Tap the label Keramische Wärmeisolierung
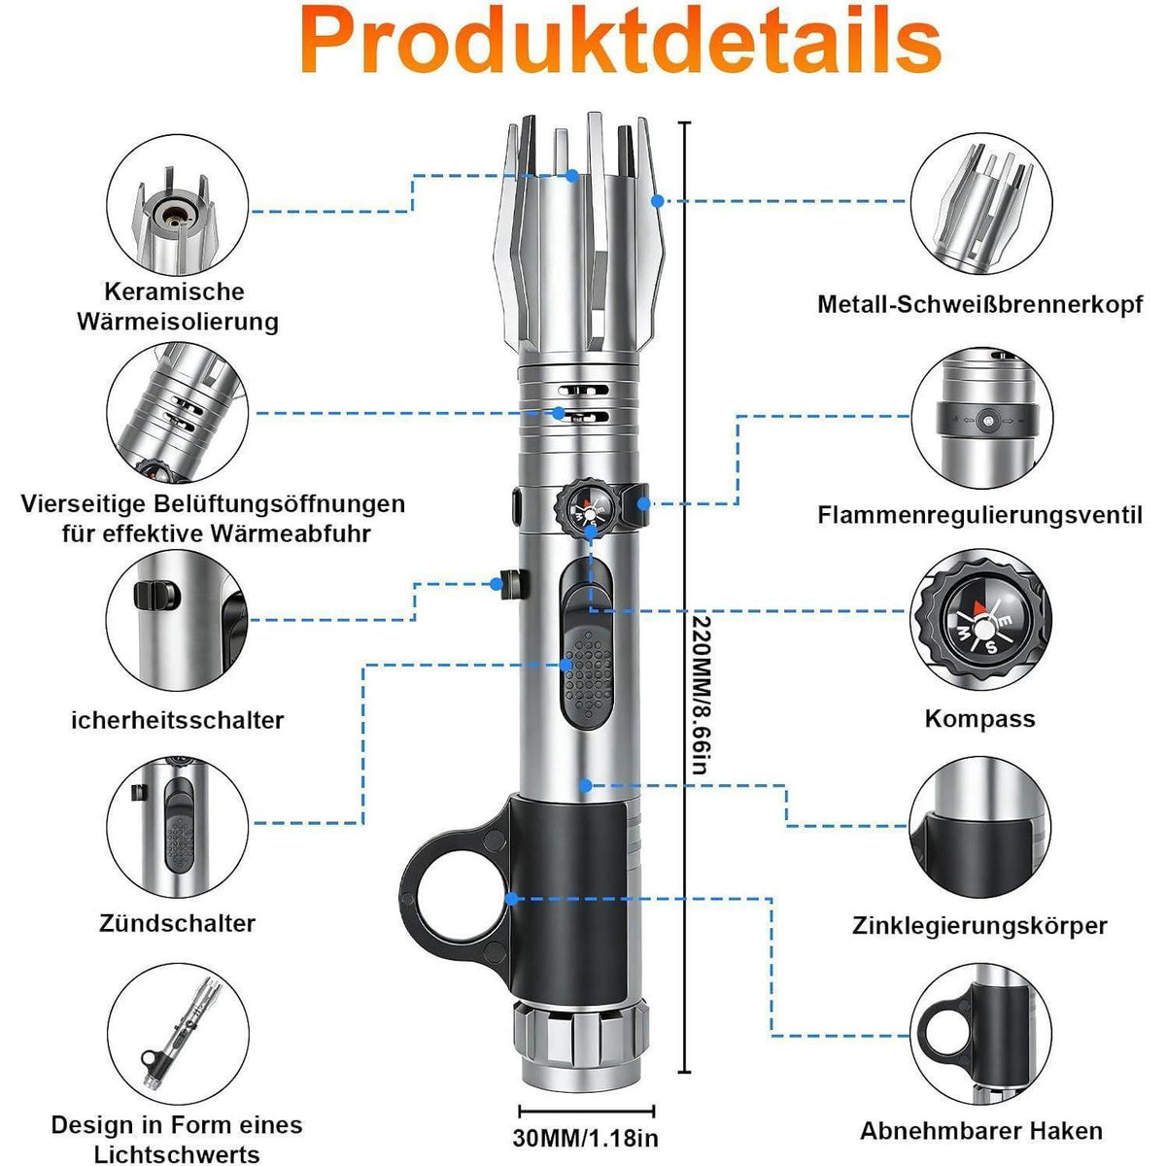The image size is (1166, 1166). pyautogui.click(x=177, y=306)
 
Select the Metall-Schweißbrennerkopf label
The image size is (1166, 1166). pyautogui.click(x=979, y=304)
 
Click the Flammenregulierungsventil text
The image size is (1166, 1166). pyautogui.click(x=979, y=515)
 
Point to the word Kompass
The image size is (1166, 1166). pyautogui.click(x=979, y=719)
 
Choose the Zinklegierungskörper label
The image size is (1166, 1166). pyautogui.click(x=979, y=926)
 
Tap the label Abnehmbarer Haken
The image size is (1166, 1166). pyautogui.click(x=980, y=1130)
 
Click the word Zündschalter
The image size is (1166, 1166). pyautogui.click(x=177, y=923)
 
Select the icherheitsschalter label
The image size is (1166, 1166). pyautogui.click(x=177, y=720)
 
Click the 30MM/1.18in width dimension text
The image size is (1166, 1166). pyautogui.click(x=585, y=1138)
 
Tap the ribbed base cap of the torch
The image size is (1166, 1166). pyautogui.click(x=580, y=1028)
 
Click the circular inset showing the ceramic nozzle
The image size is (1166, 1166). pyautogui.click(x=178, y=204)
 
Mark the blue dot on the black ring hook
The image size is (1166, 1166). pyautogui.click(x=511, y=899)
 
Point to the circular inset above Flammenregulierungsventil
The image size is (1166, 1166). pyautogui.click(x=981, y=417)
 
